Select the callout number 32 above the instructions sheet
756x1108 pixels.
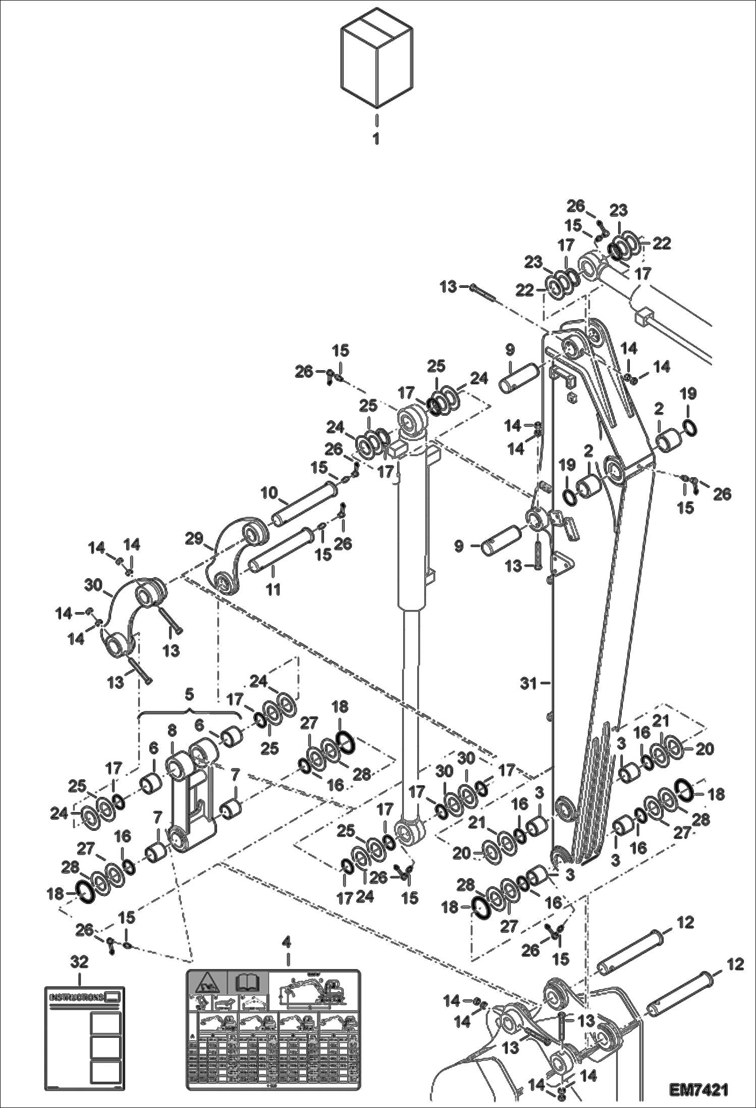pos(80,962)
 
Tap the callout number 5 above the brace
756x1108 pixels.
pos(189,695)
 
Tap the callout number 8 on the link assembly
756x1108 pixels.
pos(172,731)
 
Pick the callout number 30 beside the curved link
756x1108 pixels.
pos(93,585)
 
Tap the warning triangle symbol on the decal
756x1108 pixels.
pos(206,984)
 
